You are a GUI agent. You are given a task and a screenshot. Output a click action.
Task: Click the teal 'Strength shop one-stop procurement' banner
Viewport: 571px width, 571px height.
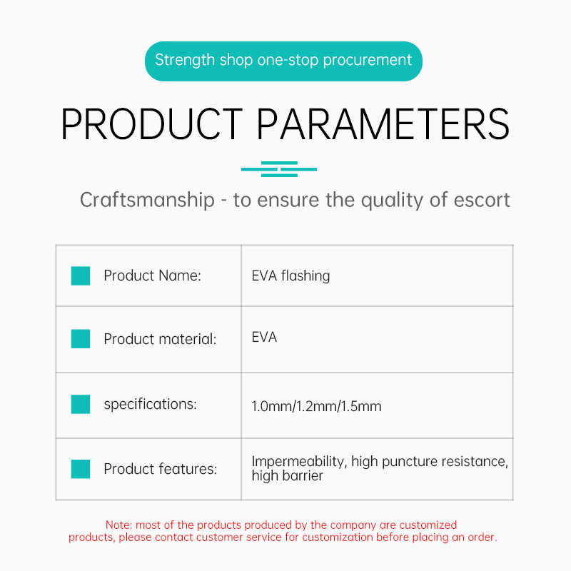[x=283, y=61]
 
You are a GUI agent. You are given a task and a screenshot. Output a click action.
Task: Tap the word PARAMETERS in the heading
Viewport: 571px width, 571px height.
[x=383, y=124]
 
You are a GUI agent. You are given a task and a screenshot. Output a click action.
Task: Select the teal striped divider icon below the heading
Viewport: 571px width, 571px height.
[x=279, y=169]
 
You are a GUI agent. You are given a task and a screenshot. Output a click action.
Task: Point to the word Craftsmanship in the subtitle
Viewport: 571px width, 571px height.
[x=147, y=200]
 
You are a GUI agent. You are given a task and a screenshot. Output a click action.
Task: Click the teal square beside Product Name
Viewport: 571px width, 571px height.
[x=81, y=276]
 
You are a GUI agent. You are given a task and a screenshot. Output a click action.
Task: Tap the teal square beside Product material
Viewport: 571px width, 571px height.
[x=81, y=338]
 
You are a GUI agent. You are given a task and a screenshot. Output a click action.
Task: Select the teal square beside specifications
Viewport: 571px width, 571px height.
[x=81, y=404]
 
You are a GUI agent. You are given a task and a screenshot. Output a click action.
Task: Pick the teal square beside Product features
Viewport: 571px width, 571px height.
[x=81, y=469]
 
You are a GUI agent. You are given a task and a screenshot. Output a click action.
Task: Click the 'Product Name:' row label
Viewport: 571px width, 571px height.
[x=152, y=276]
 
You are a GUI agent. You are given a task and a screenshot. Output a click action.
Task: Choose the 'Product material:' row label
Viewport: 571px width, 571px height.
[x=160, y=339]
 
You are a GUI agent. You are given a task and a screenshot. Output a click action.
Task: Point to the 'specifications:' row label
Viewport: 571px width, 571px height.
[x=150, y=405]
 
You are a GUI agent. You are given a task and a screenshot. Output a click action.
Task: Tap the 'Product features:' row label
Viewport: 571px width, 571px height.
[x=160, y=469]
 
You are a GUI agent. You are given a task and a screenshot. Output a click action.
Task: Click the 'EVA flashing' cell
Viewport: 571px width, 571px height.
[x=290, y=276]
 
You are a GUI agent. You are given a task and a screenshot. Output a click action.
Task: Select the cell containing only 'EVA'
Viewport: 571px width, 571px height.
[x=264, y=337]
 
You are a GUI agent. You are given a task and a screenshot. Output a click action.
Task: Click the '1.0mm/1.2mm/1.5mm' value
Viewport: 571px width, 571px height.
[x=316, y=406]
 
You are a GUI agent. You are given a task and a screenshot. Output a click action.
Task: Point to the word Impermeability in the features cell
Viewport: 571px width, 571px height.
[x=298, y=461]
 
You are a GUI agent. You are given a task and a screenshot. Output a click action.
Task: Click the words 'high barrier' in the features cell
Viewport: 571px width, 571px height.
[x=288, y=475]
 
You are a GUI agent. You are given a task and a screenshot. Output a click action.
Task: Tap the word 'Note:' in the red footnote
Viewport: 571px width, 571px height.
[x=118, y=525]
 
